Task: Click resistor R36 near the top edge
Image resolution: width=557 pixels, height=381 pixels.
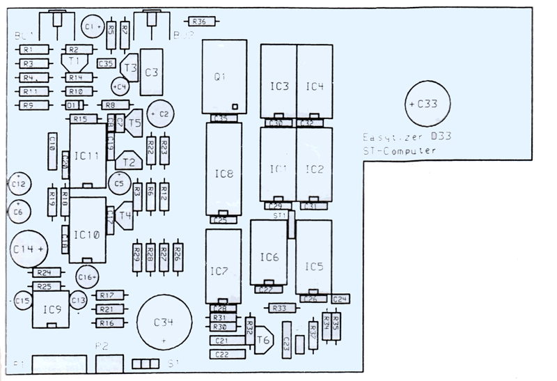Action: [200, 22]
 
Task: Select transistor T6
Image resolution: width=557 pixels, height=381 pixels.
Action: [262, 340]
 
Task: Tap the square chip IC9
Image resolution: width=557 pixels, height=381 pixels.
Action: [51, 308]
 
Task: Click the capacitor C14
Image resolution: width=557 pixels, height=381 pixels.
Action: [28, 247]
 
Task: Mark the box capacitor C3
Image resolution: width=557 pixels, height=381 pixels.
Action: [152, 72]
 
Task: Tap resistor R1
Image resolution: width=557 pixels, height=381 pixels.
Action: [29, 49]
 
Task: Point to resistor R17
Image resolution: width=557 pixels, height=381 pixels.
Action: [107, 295]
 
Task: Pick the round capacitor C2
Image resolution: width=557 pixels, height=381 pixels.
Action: [162, 113]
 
